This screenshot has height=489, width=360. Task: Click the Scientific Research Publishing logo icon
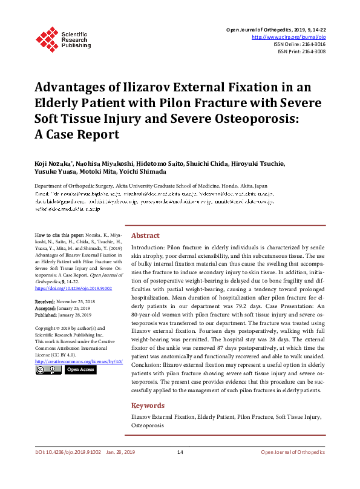click(47, 38)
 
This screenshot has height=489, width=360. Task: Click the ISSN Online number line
click(299, 44)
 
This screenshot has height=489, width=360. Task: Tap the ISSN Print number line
click(301, 51)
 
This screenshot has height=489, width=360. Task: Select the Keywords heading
click(147, 405)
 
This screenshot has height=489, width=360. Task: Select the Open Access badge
click(80, 369)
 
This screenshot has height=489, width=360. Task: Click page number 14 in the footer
click(180, 452)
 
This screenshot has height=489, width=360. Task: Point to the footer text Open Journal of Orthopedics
click(293, 452)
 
